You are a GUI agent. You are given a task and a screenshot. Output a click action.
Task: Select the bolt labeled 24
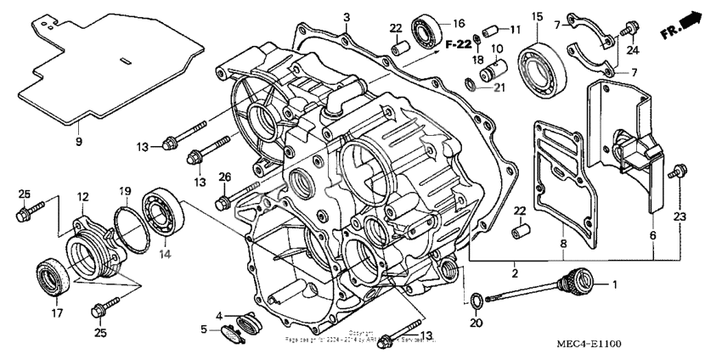pos(629,30)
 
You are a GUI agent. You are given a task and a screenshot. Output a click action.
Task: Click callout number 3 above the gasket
pos(347,18)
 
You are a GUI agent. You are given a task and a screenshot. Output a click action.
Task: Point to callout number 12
pos(83,197)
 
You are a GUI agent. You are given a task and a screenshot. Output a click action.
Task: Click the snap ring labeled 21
pos(472,83)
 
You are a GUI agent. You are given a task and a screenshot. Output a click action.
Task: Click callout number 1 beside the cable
pos(617,285)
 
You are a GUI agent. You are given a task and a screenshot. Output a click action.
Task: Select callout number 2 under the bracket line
pos(514,273)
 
